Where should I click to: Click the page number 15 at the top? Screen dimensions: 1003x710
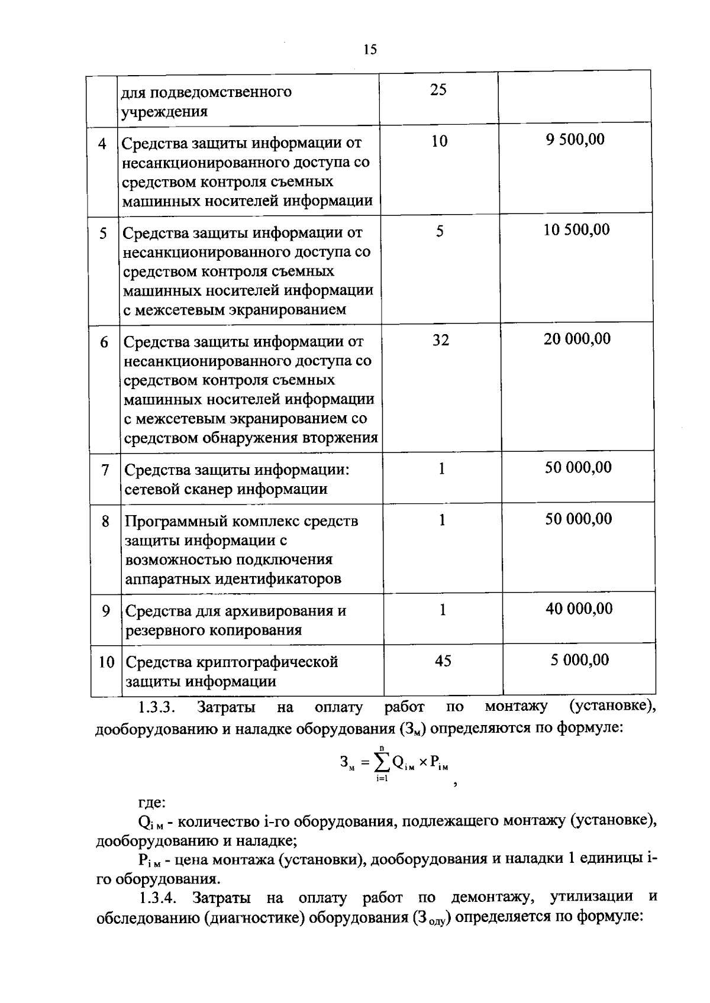370,50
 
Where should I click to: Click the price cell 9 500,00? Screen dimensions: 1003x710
575,140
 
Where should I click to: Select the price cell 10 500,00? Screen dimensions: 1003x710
576,230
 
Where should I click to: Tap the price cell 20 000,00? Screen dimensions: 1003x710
577,339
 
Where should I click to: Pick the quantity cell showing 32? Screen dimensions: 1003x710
440,340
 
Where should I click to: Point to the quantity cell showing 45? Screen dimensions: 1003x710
443,661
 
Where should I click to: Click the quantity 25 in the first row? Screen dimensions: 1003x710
438,90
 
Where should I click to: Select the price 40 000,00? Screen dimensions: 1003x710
579,609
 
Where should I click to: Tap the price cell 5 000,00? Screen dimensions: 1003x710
579,660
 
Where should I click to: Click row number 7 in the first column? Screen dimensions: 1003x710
105,470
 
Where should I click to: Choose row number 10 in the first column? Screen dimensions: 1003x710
106,662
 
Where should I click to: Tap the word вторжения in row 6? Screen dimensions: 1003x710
340,438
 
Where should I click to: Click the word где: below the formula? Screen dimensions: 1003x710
151,803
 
